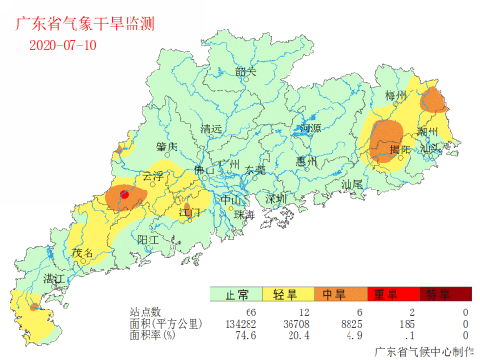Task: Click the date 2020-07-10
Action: [x=63, y=44]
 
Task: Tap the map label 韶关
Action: [x=246, y=71]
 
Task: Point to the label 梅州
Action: [x=395, y=96]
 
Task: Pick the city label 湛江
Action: [x=54, y=277]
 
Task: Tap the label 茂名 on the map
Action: [x=84, y=253]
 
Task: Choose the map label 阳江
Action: [x=149, y=239]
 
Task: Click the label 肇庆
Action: [x=167, y=147]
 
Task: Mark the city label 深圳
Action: [x=276, y=198]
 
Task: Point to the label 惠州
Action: [x=307, y=161]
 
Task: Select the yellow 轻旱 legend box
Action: [x=284, y=294]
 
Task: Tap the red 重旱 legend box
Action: [x=384, y=294]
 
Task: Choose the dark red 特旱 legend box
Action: [x=436, y=294]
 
